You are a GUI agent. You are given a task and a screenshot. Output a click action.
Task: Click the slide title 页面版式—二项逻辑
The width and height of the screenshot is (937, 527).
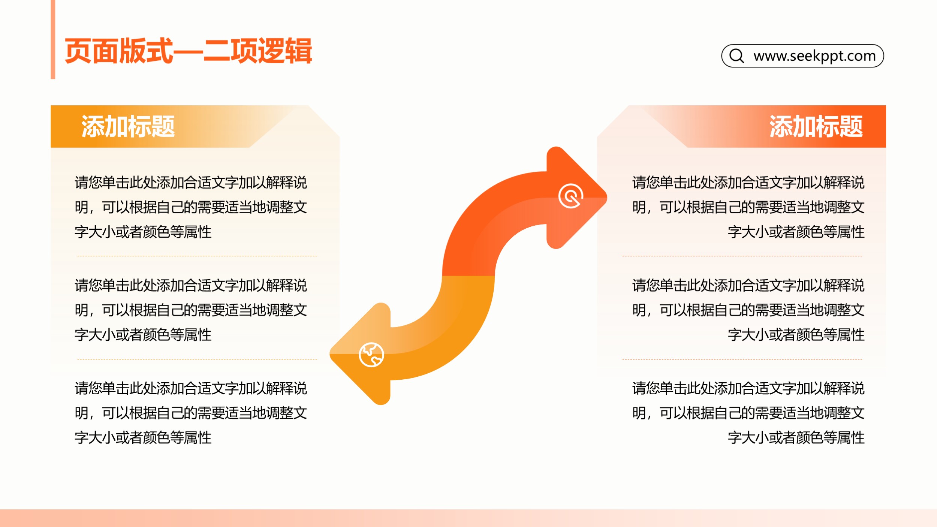click(188, 51)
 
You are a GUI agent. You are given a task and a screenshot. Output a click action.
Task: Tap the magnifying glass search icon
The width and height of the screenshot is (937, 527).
click(737, 56)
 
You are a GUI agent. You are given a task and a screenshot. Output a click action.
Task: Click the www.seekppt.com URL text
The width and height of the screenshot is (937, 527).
click(814, 56)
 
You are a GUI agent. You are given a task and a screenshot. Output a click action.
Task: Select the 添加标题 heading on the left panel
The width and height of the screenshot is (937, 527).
click(128, 126)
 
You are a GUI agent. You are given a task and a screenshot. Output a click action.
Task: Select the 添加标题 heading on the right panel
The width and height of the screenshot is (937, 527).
click(816, 126)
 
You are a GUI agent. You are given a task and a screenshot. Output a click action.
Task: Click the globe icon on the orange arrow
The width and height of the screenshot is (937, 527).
click(371, 355)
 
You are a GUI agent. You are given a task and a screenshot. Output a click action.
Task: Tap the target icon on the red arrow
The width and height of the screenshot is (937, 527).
click(570, 196)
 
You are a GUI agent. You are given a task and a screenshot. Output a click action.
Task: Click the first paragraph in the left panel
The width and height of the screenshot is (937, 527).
click(191, 207)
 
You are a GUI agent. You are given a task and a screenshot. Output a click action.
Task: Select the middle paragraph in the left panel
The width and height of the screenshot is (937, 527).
click(191, 310)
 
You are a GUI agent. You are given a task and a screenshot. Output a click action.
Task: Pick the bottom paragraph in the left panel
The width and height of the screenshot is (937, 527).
click(191, 413)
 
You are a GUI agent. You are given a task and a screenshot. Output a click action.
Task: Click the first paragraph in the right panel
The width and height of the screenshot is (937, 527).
click(748, 207)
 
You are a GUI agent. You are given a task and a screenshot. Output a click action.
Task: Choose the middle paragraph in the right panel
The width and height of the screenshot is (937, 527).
click(748, 310)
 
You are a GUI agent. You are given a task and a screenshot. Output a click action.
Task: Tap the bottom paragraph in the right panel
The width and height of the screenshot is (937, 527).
click(748, 413)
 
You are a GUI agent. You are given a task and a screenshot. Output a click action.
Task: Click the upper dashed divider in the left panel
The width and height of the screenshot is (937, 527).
click(197, 256)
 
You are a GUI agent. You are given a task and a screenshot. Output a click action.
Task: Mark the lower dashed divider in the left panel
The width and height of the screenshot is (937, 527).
click(197, 359)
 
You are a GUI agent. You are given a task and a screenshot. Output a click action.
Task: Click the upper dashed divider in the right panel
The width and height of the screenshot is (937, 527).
click(742, 256)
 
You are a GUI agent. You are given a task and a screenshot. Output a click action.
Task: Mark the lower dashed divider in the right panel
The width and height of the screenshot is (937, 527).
click(742, 359)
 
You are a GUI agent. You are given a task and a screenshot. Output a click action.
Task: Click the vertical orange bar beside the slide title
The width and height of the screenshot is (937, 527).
click(53, 39)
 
